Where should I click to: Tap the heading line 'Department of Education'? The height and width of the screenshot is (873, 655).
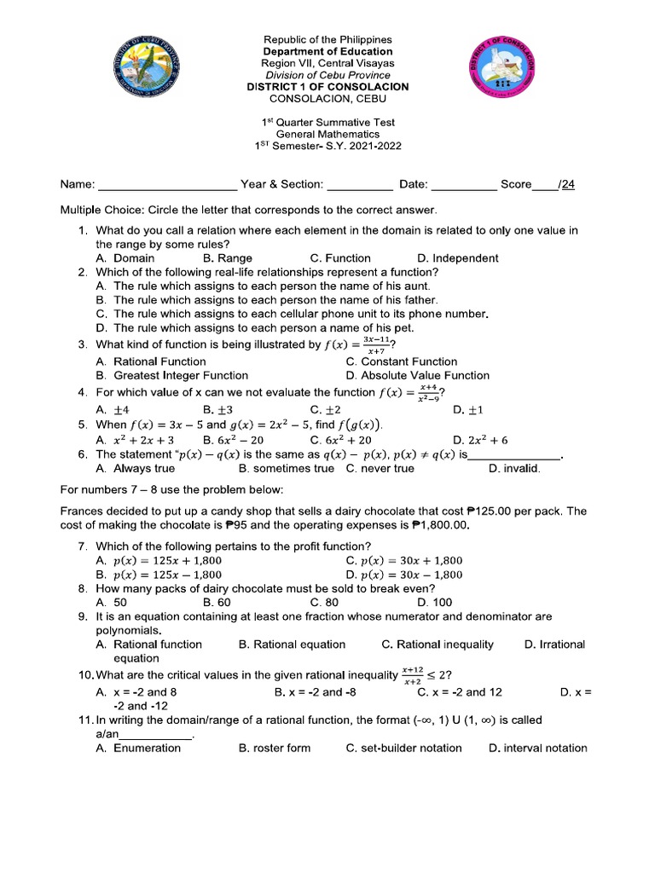tap(327, 51)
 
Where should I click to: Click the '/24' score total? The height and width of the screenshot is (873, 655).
tap(565, 184)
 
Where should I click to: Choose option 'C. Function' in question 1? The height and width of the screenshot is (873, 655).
tap(340, 258)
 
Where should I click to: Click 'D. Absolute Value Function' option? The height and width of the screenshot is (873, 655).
tap(418, 375)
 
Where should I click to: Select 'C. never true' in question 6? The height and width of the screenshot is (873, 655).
tap(380, 468)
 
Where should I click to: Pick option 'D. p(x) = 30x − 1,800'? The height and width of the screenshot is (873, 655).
tap(404, 575)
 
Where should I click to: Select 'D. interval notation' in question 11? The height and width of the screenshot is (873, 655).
tap(537, 748)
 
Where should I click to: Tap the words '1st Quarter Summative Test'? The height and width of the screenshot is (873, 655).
tap(327, 121)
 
